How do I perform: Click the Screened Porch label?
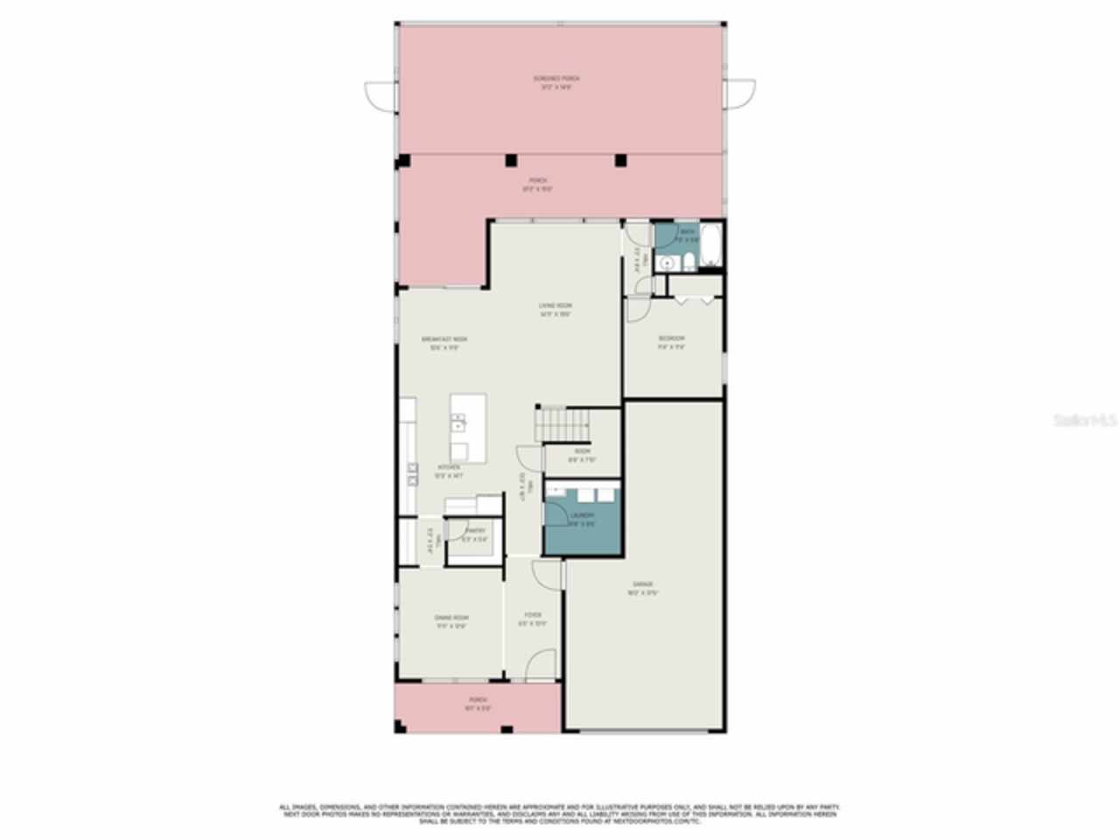click(557, 79)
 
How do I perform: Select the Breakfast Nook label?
click(444, 339)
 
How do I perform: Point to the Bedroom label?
click(671, 339)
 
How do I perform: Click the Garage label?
click(643, 584)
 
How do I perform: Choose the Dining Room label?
click(451, 619)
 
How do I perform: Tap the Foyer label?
click(532, 615)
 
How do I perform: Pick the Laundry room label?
click(582, 516)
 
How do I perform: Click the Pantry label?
click(475, 531)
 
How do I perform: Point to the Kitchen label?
click(449, 468)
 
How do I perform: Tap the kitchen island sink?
click(458, 426)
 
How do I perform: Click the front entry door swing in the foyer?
click(542, 665)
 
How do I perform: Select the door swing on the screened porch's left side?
click(379, 94)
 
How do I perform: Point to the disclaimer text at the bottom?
click(559, 813)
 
